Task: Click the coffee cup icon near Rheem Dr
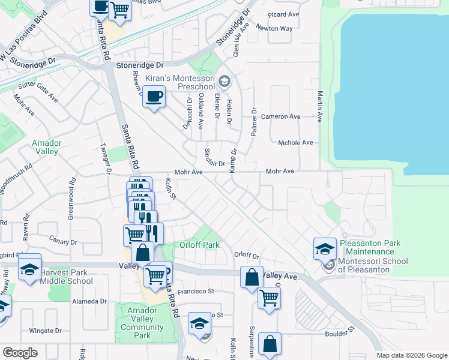(x=154, y=96)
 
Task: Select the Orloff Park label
(x=199, y=245)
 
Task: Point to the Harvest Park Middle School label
(x=66, y=276)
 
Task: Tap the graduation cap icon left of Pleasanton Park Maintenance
(x=324, y=247)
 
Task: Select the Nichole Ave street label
(x=295, y=143)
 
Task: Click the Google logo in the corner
(x=20, y=353)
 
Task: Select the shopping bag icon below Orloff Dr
(x=252, y=277)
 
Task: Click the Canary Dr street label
(x=65, y=242)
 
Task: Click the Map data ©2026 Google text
(x=411, y=355)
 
